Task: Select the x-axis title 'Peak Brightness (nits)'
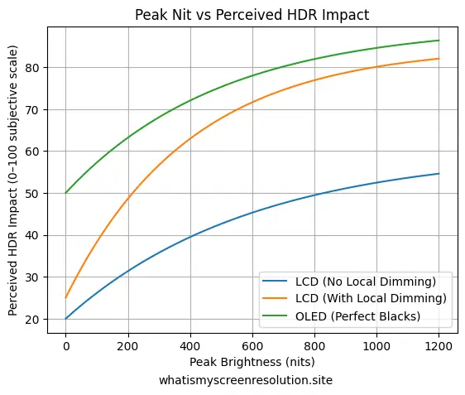pyautogui.click(x=252, y=362)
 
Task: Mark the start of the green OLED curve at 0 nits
pyautogui.click(x=65, y=193)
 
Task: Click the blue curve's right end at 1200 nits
pyautogui.click(x=439, y=174)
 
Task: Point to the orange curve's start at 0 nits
pyautogui.click(x=65, y=297)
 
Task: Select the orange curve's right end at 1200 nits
pyautogui.click(x=439, y=59)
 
